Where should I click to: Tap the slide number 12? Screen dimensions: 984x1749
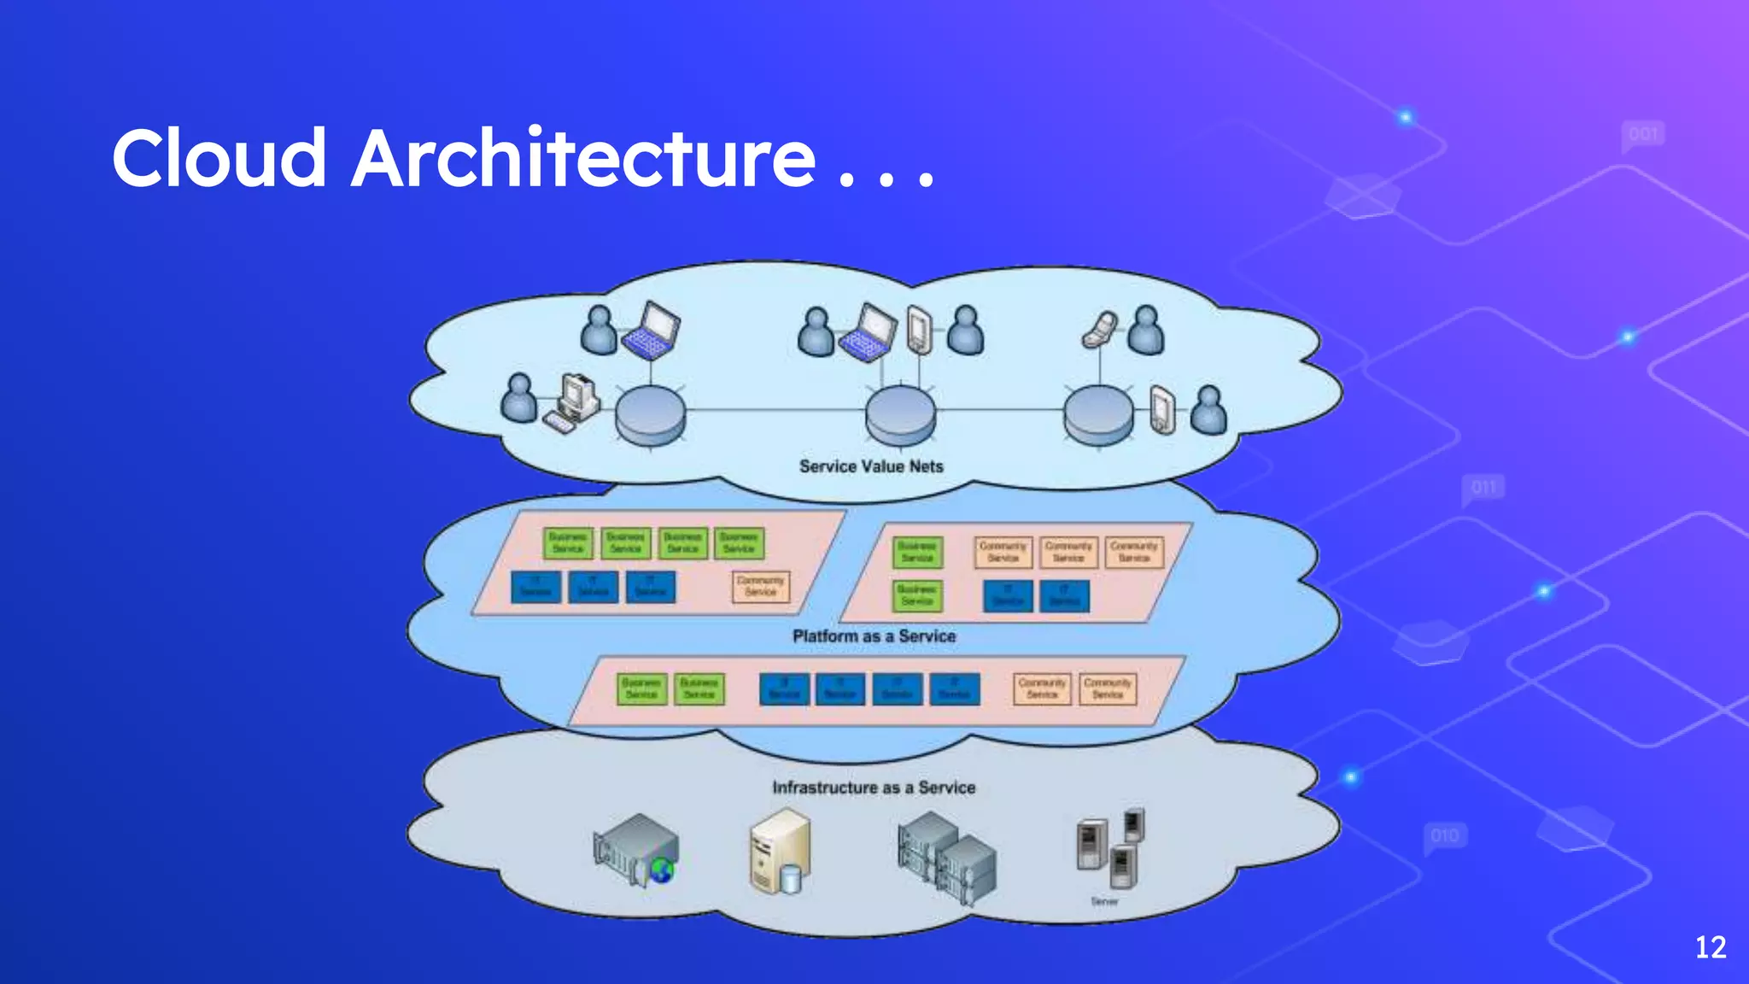pyautogui.click(x=1710, y=947)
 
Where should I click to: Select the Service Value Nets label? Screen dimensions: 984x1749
pyautogui.click(x=871, y=466)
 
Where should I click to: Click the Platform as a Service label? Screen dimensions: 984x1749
pyautogui.click(x=874, y=636)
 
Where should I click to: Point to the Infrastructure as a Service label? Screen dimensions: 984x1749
pyautogui.click(x=874, y=788)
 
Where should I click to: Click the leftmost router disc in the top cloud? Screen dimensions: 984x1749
pyautogui.click(x=651, y=415)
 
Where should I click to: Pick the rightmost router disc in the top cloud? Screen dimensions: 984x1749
pyautogui.click(x=1098, y=415)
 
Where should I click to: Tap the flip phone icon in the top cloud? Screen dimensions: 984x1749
pyautogui.click(x=1099, y=330)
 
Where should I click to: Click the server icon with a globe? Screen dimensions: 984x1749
pyautogui.click(x=636, y=850)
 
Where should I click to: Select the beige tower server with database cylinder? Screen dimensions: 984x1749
pyautogui.click(x=779, y=852)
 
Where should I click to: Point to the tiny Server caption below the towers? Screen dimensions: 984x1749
pyautogui.click(x=1104, y=901)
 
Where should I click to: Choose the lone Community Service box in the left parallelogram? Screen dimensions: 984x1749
pyautogui.click(x=761, y=587)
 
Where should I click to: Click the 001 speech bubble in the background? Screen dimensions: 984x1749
pyautogui.click(x=1643, y=135)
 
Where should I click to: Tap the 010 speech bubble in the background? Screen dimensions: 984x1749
pyautogui.click(x=1445, y=835)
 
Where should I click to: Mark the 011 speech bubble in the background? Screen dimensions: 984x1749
pyautogui.click(x=1484, y=488)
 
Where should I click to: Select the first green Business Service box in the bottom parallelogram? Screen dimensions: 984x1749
pyautogui.click(x=641, y=689)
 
